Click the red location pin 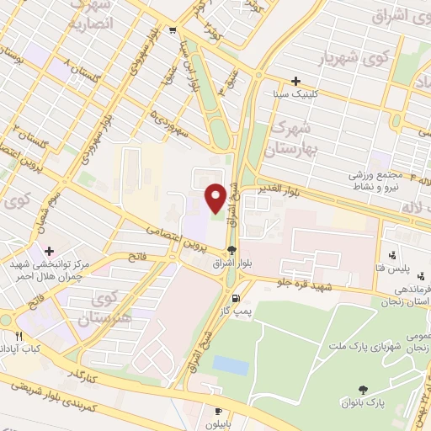[x=215, y=197]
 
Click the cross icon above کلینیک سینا [x=295, y=82]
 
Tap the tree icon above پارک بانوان [x=363, y=389]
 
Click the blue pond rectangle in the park [x=231, y=364]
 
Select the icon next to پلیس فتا [x=392, y=256]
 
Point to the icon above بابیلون [x=220, y=412]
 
